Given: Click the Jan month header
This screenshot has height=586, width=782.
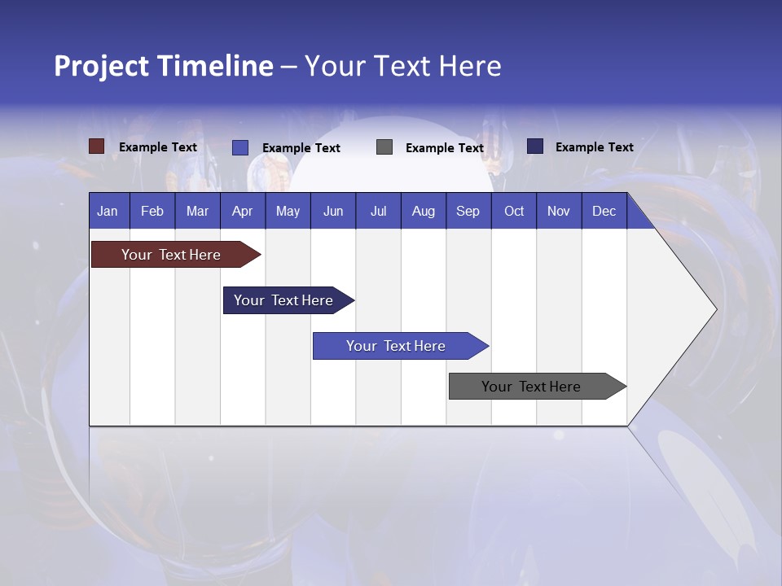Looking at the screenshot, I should click(x=108, y=211).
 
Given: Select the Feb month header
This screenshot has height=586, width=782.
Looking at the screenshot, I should click(x=152, y=211).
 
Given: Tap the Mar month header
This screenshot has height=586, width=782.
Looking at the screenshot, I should click(x=197, y=211).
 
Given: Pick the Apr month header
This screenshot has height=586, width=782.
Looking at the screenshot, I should click(x=243, y=211).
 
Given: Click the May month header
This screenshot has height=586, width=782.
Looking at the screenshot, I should click(x=288, y=211).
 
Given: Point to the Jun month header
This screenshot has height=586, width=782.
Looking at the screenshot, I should click(x=333, y=211).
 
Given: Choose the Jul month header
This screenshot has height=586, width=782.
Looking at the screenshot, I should click(x=378, y=211).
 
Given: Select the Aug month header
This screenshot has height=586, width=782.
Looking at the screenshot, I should click(x=424, y=211).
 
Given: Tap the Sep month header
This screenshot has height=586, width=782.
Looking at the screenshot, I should click(x=468, y=211).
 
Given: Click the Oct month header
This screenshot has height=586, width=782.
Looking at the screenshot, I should click(x=514, y=211).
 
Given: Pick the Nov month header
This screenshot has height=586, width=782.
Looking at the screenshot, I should click(x=559, y=211).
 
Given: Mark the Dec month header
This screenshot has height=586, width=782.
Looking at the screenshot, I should click(x=604, y=211).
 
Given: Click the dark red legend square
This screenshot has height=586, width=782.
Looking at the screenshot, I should click(x=97, y=146).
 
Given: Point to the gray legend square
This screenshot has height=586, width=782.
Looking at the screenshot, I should click(x=384, y=147).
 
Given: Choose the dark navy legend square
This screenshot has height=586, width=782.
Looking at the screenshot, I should click(x=535, y=146).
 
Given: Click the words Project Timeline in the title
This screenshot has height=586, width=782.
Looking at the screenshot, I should click(x=164, y=66).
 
